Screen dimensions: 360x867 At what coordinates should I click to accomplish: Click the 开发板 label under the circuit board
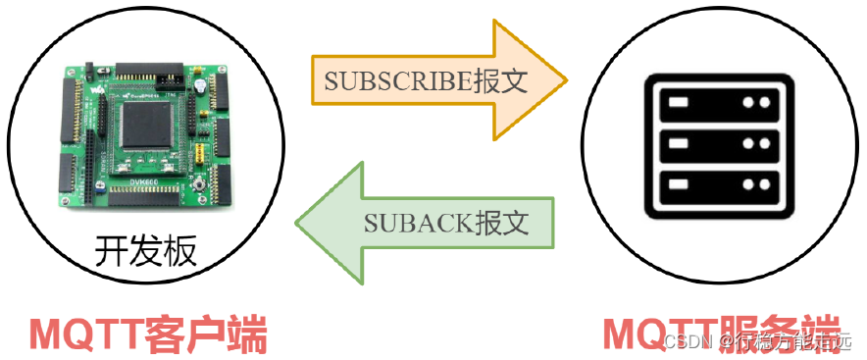[145, 252]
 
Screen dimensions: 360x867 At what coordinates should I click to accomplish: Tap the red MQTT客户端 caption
[147, 335]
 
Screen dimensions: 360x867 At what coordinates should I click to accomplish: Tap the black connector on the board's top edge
[147, 75]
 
